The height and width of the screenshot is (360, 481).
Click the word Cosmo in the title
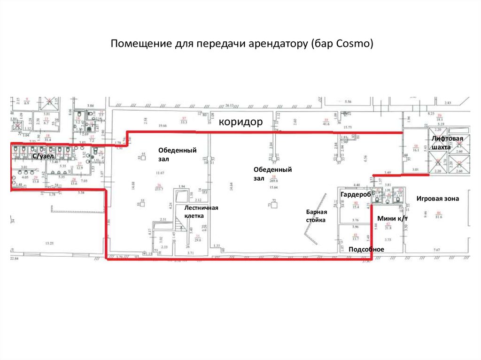(x=356, y=44)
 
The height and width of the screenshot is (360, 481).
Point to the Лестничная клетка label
(x=201, y=212)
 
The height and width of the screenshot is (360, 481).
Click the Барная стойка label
(x=317, y=215)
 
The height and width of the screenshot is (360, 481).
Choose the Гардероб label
(x=356, y=194)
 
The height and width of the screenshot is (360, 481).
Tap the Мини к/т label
(x=392, y=218)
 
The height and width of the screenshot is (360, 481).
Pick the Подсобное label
(x=366, y=249)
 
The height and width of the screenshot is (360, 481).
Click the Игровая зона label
(x=437, y=199)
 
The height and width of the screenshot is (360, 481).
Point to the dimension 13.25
(x=49, y=243)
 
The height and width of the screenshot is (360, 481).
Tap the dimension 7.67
(x=436, y=250)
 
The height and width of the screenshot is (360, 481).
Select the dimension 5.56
(x=348, y=101)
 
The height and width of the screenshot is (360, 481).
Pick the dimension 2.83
(x=448, y=103)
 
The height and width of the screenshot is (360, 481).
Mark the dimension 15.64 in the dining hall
(x=272, y=187)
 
